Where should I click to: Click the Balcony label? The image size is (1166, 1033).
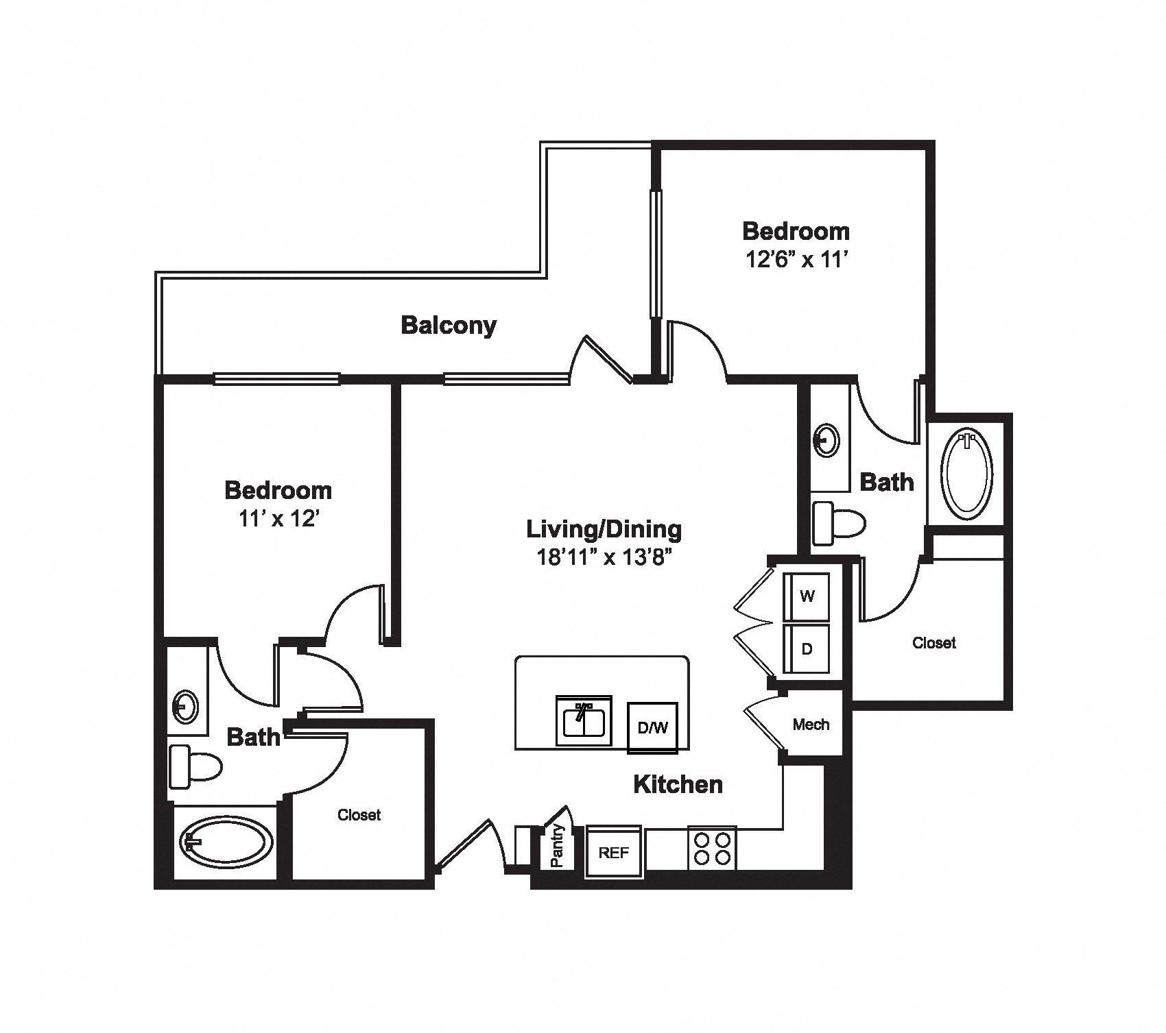coord(449,325)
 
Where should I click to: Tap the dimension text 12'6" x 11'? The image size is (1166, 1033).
coord(796,260)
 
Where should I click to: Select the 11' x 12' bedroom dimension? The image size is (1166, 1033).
coord(278,519)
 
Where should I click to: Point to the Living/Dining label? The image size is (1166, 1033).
coord(604,530)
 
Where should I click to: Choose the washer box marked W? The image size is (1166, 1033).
coord(807,596)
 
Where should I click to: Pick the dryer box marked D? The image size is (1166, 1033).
coord(807,648)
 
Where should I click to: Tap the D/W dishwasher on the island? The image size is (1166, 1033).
coord(653,727)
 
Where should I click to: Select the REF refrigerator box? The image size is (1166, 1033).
coord(614,852)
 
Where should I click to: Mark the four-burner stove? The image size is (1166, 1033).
coord(712,848)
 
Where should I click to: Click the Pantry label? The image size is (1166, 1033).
coord(558,845)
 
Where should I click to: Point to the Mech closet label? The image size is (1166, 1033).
coord(811,725)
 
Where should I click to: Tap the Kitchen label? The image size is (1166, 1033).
coord(678,784)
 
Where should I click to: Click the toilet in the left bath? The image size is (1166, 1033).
coord(195,766)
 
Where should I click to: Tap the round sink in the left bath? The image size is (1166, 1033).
coord(185,705)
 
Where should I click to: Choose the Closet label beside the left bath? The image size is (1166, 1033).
coord(359,815)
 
